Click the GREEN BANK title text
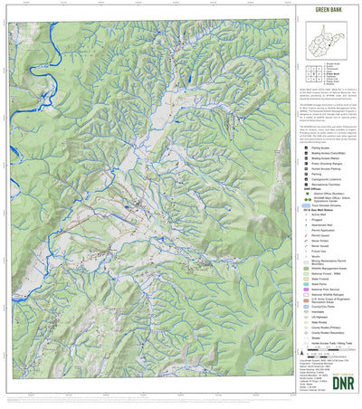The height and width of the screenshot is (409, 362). (x=328, y=13)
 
